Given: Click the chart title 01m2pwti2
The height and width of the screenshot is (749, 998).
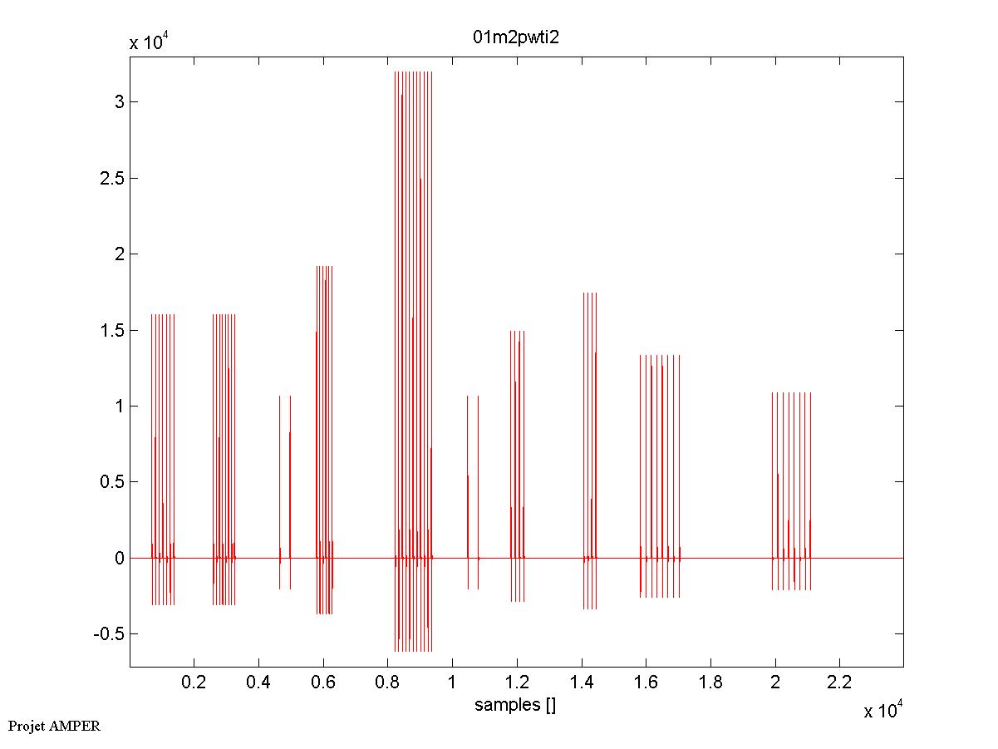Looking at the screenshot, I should click(516, 39).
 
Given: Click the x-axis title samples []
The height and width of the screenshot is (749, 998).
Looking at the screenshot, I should click(515, 706).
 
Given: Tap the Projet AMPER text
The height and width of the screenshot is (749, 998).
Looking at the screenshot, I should click(54, 726).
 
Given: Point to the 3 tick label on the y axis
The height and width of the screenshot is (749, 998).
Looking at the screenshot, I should click(120, 102).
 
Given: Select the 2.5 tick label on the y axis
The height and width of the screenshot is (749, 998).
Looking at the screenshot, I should click(111, 179).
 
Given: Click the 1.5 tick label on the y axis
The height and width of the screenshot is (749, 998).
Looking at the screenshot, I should click(111, 330).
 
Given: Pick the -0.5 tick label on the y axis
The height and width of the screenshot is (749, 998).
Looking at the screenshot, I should click(107, 633).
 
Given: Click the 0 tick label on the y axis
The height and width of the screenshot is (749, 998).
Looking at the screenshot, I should click(120, 558).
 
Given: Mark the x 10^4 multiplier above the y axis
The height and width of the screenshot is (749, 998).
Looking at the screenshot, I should click(150, 42).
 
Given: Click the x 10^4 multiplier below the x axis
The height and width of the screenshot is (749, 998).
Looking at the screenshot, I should click(884, 711).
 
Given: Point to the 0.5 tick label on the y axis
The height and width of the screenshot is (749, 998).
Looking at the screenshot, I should click(111, 482).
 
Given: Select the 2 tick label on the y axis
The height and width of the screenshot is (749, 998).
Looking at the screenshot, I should click(120, 254).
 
